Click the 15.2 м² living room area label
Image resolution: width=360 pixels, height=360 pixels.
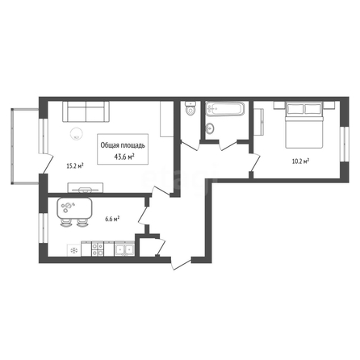[74, 165]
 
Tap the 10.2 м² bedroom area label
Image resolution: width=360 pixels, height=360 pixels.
[300, 161]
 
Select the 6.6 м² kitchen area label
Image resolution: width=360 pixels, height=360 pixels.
[112, 220]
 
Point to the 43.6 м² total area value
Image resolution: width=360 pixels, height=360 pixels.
[124, 157]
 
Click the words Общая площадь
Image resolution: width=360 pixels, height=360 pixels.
[123, 145]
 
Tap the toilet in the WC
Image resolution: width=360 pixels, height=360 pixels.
[190, 108]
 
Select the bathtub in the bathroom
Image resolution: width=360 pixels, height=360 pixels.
[225, 108]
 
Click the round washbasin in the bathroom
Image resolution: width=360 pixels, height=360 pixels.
[210, 128]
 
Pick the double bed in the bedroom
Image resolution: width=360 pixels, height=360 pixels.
[304, 125]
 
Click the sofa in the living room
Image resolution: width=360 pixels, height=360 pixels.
[86, 111]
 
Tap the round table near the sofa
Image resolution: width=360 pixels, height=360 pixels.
[77, 133]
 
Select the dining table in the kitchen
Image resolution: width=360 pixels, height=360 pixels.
[74, 208]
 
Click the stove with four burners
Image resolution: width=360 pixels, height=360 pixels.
[98, 249]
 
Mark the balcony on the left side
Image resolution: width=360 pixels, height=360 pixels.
[26, 146]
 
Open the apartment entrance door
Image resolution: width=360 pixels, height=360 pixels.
[182, 264]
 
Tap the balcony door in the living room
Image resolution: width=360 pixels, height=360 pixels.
[46, 164]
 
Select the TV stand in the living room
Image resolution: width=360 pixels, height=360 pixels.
[86, 187]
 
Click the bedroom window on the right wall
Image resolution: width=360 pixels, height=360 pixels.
[344, 144]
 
